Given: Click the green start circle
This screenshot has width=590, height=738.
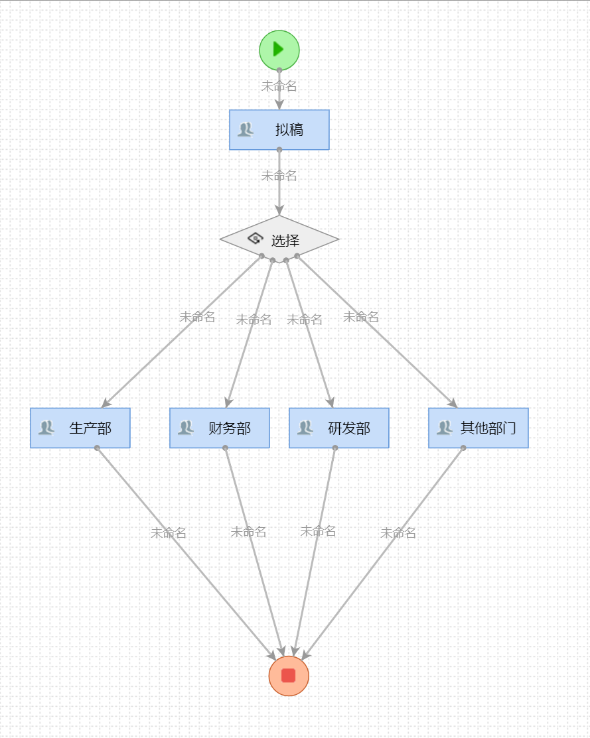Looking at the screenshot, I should (279, 50).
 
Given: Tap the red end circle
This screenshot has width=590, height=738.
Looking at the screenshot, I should (289, 676).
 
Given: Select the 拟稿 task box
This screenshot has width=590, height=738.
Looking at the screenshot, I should (279, 130).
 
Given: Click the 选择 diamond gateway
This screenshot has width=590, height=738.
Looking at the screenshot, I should (279, 239).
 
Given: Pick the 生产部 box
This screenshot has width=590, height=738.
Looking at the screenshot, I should (80, 428).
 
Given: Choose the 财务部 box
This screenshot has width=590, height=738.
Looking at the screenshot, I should (220, 428).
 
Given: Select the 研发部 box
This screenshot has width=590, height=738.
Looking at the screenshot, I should (339, 428).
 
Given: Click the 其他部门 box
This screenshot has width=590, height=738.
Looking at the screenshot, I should (479, 428).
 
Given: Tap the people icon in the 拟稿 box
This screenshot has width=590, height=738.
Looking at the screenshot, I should (246, 130).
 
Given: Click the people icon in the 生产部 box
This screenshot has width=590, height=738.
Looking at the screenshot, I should (46, 428).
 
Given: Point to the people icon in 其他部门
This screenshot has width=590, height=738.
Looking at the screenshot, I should (444, 428).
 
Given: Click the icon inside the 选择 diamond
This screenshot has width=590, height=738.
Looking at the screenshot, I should (256, 239).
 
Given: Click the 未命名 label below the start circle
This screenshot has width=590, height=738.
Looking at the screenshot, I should (279, 86).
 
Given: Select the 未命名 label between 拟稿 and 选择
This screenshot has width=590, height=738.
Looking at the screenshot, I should (279, 176).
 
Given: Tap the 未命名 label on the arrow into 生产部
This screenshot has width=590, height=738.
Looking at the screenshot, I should (197, 317).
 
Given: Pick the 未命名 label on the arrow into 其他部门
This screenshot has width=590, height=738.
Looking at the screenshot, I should (361, 317).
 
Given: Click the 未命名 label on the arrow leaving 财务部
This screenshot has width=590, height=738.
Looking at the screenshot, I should (248, 532).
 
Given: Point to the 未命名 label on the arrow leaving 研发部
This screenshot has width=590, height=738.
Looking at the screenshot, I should (318, 531).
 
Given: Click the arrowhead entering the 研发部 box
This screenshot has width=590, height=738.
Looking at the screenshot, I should (331, 402).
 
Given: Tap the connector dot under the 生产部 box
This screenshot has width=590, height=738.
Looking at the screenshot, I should (97, 448).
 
